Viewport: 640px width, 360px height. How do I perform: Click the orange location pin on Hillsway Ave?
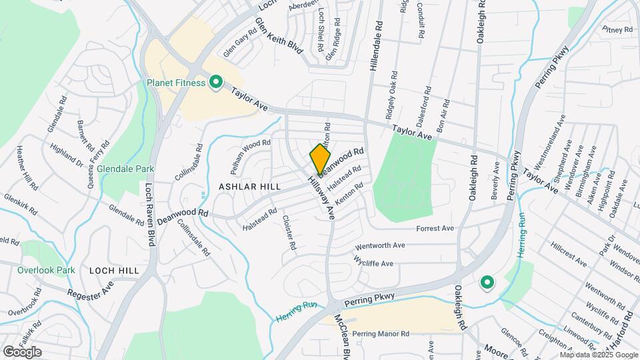(x=320, y=159)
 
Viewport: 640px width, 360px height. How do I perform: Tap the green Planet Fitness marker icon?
(x=215, y=83)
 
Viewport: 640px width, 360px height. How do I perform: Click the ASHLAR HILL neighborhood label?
(x=249, y=187)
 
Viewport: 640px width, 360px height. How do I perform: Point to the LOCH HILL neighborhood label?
(x=114, y=271)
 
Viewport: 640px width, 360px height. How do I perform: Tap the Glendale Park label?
(x=125, y=169)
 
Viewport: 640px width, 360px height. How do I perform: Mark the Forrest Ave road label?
(x=435, y=229)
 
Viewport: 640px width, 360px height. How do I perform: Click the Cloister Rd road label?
(x=289, y=232)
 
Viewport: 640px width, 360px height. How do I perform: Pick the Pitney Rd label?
(x=617, y=29)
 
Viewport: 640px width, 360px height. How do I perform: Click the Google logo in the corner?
(x=22, y=351)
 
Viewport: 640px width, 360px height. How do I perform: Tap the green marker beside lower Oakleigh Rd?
(x=487, y=283)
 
